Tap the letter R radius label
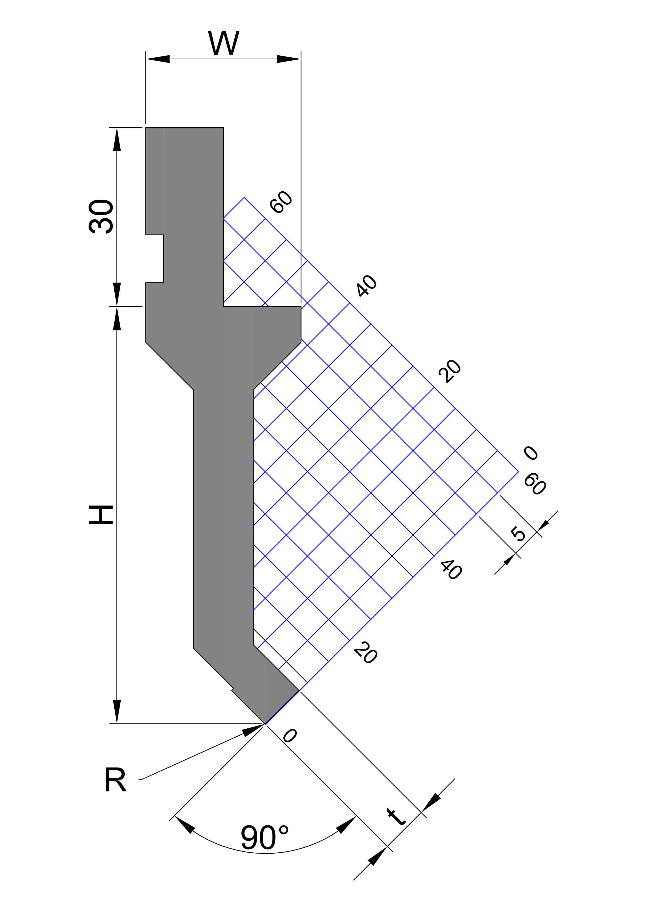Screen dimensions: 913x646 (x=115, y=780)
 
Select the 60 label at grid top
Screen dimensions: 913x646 (x=281, y=202)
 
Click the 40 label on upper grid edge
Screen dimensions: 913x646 (x=366, y=286)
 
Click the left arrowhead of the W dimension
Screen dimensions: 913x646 (x=158, y=59)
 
